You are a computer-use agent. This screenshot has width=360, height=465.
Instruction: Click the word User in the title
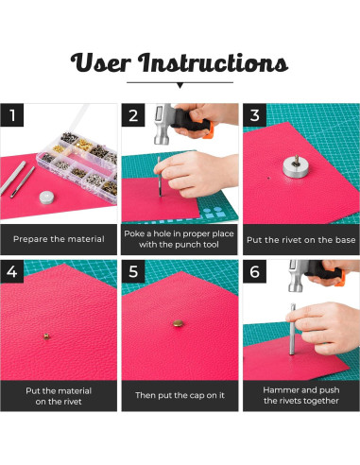[100, 62]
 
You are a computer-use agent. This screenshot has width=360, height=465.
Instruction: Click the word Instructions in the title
[214, 62]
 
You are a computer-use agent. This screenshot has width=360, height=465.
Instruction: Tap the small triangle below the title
[180, 85]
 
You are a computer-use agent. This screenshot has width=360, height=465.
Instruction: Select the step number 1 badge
[12, 115]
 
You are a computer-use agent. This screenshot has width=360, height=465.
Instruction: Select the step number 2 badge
[133, 115]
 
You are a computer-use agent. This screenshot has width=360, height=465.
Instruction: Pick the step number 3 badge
[254, 115]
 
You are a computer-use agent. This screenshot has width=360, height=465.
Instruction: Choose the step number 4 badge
[12, 271]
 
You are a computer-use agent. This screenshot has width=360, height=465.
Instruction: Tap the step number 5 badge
[133, 271]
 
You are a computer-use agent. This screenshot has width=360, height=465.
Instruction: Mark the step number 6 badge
[254, 271]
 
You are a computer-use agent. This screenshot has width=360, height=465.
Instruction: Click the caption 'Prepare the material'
[59, 239]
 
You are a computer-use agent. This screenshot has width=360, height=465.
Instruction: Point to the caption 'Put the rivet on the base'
[301, 240]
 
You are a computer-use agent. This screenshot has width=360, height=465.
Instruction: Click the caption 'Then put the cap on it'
[180, 395]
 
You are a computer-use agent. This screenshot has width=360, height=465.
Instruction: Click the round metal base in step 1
[46, 198]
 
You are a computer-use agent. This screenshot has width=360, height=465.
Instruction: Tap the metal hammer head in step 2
[163, 124]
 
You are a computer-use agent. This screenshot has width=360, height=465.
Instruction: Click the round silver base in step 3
[295, 166]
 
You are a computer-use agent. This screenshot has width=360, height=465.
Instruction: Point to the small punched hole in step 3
[268, 178]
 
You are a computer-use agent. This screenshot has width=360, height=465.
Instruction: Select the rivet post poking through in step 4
[46, 336]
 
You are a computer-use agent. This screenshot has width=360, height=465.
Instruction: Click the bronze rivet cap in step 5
[179, 323]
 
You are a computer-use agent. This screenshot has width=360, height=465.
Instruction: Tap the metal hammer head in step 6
[297, 276]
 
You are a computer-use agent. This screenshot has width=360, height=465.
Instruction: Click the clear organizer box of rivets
[78, 164]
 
